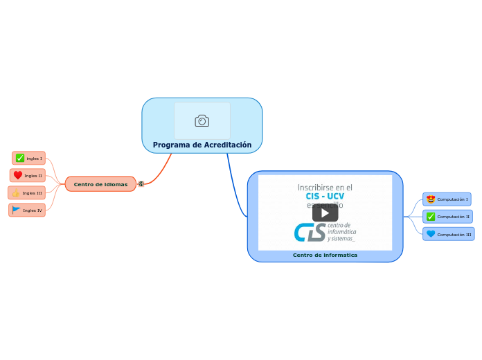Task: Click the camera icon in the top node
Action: (x=202, y=121)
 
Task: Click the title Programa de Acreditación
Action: (x=202, y=145)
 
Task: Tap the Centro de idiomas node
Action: (x=100, y=184)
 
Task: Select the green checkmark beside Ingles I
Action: (x=20, y=158)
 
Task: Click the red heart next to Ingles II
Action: (x=18, y=175)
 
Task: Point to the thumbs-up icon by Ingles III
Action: (x=16, y=192)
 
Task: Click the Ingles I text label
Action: (x=35, y=159)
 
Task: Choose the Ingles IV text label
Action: (x=33, y=210)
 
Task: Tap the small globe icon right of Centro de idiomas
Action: (x=141, y=184)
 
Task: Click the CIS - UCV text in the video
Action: (x=325, y=197)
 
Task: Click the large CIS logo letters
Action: (x=309, y=232)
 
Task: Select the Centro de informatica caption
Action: (x=325, y=255)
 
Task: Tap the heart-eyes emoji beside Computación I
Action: (x=431, y=199)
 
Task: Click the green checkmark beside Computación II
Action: (x=431, y=217)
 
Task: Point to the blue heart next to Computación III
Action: (x=431, y=234)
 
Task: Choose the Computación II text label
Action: (x=454, y=217)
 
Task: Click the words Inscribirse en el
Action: (x=325, y=187)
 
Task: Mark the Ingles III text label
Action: (x=33, y=192)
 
